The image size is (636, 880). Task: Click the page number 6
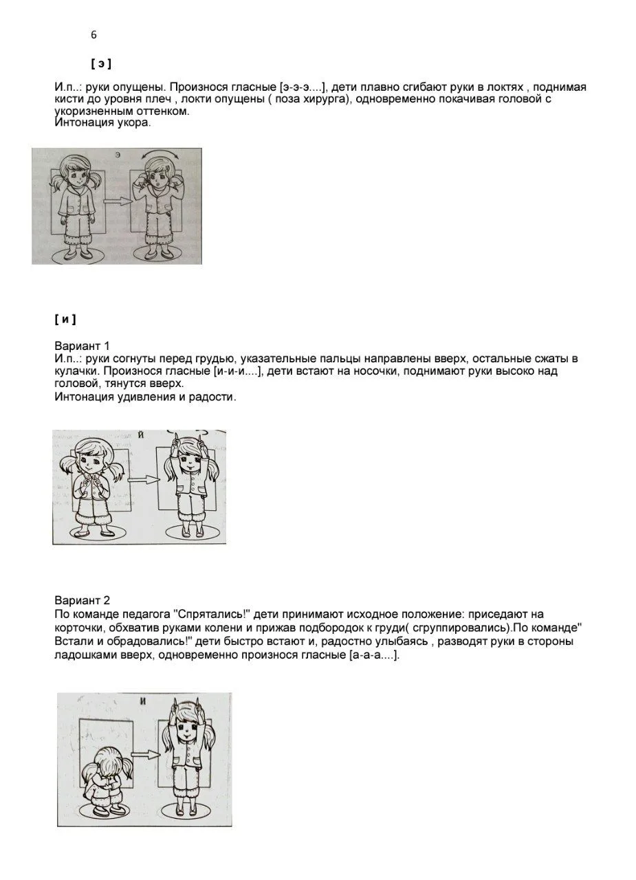click(94, 35)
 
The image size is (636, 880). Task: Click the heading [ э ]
click(101, 64)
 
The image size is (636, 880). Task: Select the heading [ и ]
click(65, 320)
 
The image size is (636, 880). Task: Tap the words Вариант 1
click(83, 346)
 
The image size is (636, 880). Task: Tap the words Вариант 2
click(83, 601)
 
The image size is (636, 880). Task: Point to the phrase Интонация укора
click(102, 123)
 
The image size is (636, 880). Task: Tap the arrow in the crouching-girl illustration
click(144, 754)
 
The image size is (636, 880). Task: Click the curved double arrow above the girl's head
click(160, 155)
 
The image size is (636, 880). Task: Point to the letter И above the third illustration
click(143, 701)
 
